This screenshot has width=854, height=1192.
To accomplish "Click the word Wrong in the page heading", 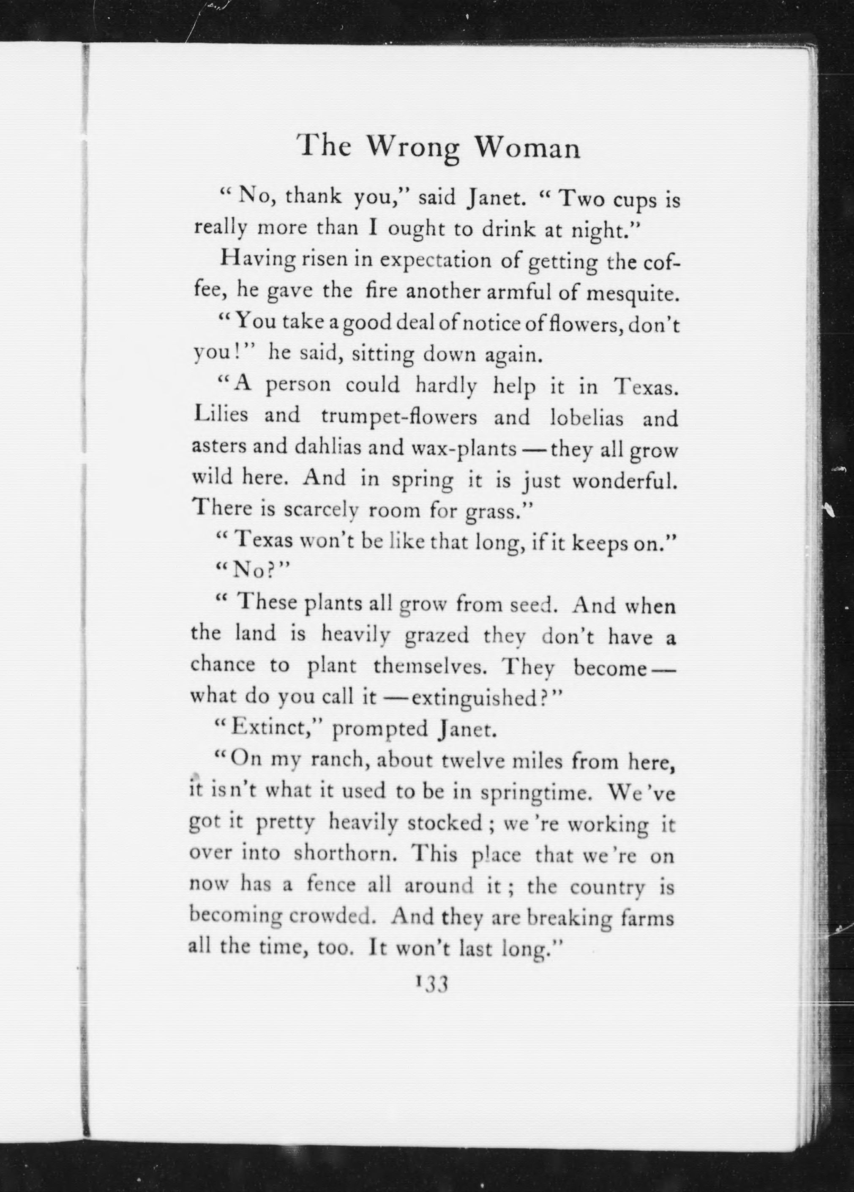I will click(412, 148).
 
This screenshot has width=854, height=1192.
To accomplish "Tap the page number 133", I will click(431, 983).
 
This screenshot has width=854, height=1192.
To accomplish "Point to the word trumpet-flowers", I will click(399, 418).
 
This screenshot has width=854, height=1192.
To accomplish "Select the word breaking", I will click(569, 918).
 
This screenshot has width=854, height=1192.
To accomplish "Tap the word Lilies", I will click(221, 415).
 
